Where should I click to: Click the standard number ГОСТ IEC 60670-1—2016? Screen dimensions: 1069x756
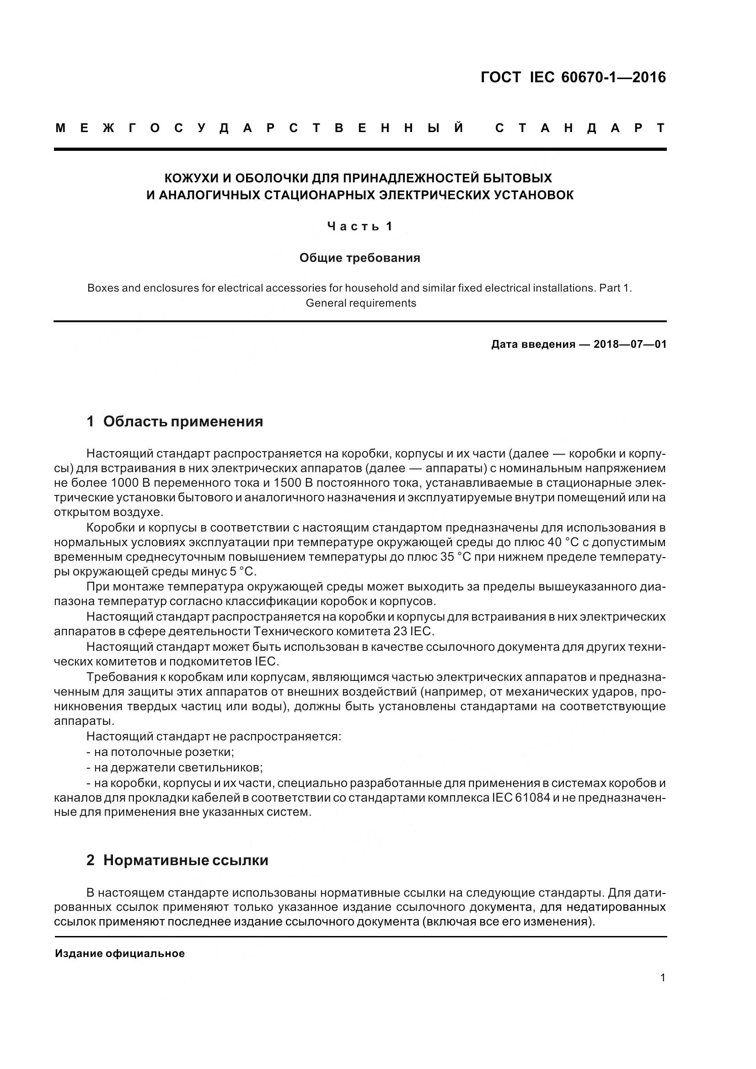pyautogui.click(x=573, y=77)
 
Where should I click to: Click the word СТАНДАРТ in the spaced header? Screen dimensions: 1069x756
pyautogui.click(x=580, y=128)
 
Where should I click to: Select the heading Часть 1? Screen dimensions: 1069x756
pyautogui.click(x=359, y=227)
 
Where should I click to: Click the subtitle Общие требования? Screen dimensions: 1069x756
pyautogui.click(x=359, y=258)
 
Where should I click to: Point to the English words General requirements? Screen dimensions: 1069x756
pyautogui.click(x=360, y=303)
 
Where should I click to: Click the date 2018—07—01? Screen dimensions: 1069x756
pyautogui.click(x=630, y=345)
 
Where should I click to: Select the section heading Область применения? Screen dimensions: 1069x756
pyautogui.click(x=182, y=421)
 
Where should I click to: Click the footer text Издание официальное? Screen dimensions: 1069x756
pyautogui.click(x=120, y=953)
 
